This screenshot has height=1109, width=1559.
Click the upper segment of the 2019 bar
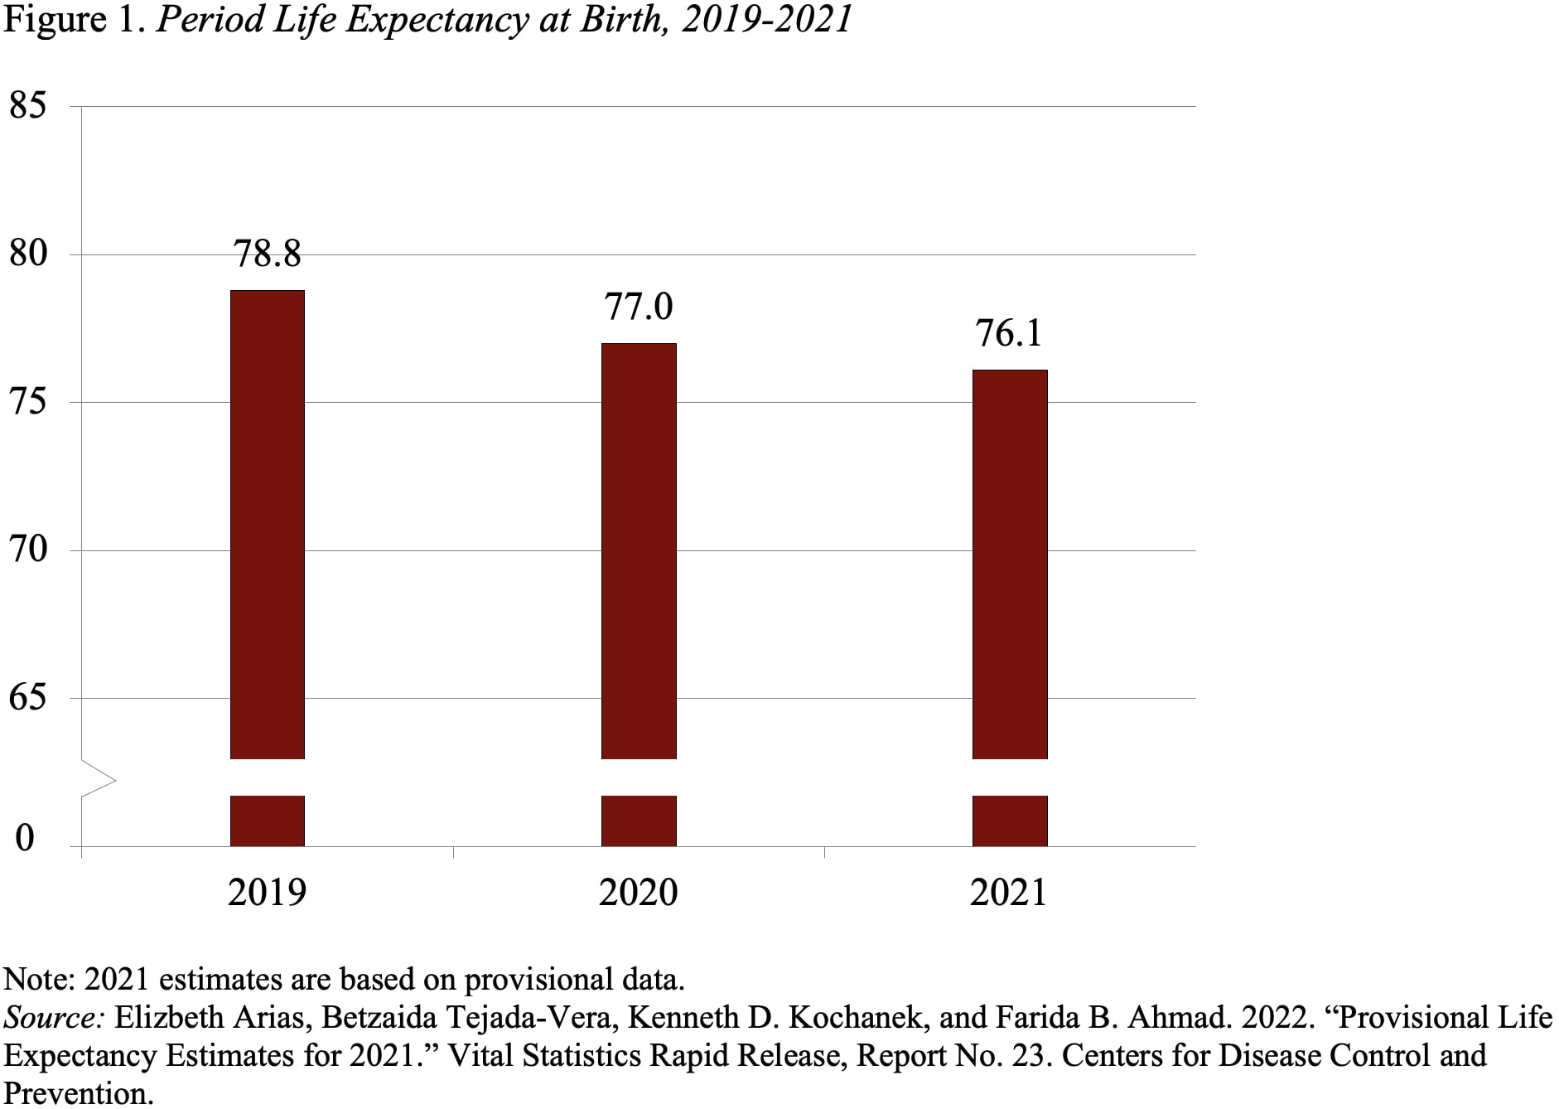[267, 524]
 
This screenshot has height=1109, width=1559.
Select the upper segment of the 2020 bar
[638, 550]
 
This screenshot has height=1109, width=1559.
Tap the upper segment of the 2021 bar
[1009, 564]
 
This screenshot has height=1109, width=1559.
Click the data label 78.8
[267, 254]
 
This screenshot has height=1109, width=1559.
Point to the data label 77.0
[638, 307]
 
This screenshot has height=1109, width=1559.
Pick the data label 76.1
[1009, 333]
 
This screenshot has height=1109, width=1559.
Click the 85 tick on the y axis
[27, 106]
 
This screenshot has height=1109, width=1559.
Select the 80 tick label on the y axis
[27, 254]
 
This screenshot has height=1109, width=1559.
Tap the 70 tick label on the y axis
[27, 550]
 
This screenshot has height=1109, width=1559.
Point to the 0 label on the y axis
[25, 838]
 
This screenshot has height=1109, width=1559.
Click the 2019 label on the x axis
[267, 893]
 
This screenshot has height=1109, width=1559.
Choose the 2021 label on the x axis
[1009, 893]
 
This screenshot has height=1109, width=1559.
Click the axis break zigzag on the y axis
[98, 779]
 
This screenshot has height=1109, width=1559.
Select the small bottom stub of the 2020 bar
[638, 821]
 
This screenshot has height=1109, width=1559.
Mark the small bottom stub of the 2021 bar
[1009, 821]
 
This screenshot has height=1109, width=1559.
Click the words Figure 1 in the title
[74, 20]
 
